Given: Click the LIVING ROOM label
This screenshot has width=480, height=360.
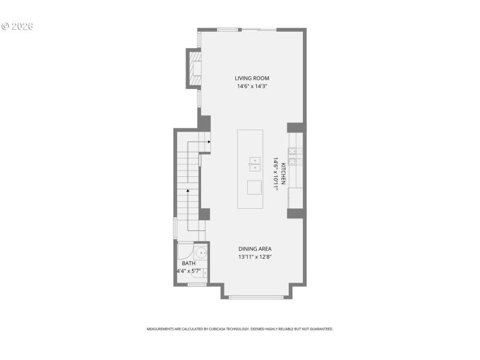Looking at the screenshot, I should click(251, 78).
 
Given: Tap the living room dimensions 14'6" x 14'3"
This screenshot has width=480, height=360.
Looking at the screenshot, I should click(251, 86).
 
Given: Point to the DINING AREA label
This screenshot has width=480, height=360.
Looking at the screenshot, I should click(256, 248).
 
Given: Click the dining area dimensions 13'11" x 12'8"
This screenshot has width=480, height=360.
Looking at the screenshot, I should click(256, 257).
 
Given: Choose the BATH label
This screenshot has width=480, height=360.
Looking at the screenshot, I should click(188, 263).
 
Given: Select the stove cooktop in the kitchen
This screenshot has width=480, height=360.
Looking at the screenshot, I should click(295, 157).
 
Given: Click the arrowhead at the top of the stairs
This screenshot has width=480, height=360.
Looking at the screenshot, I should click(208, 142).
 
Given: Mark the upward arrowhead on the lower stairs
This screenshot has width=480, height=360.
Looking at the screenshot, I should click(188, 191).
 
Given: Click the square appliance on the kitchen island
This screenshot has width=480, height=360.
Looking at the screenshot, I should click(254, 187).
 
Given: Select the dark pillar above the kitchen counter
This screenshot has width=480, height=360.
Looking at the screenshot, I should click(295, 127).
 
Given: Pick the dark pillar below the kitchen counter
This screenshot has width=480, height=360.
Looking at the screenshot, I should click(295, 213).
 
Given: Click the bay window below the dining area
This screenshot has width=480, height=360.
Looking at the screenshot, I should click(256, 297).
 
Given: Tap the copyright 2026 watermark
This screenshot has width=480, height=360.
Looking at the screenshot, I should click(17, 26).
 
